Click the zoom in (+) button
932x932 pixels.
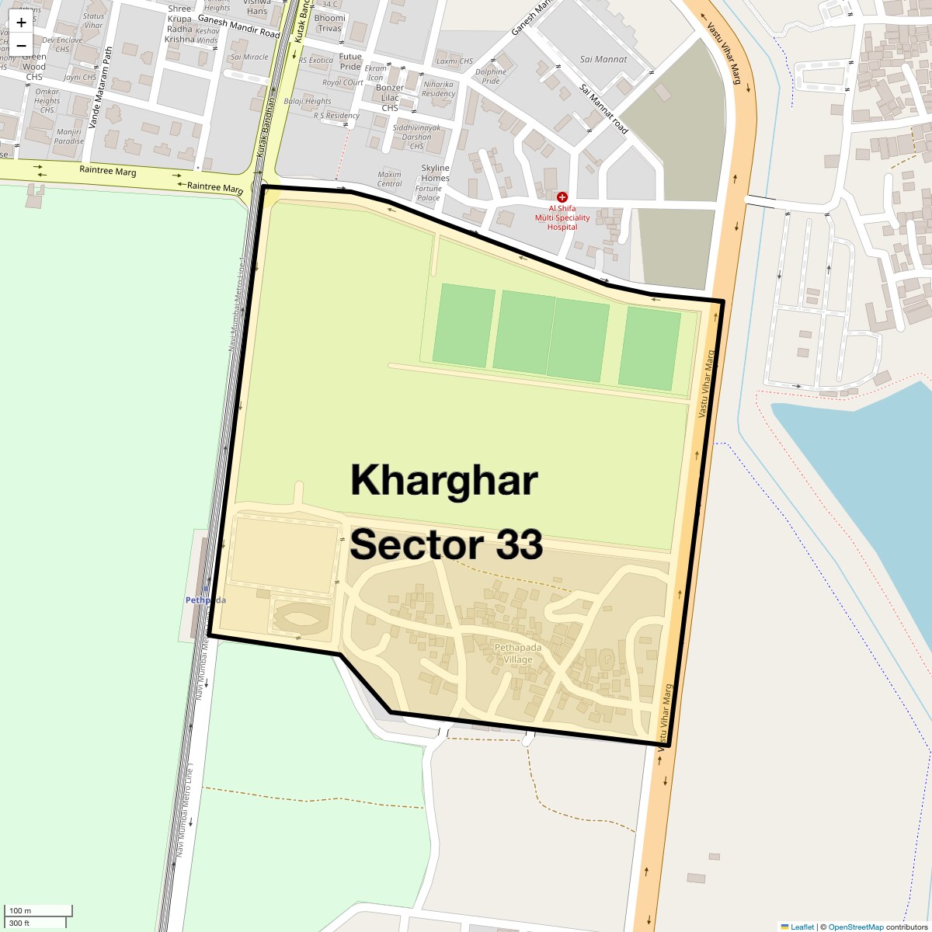point(21,23)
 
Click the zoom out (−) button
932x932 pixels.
point(21,45)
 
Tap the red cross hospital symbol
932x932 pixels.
point(562,197)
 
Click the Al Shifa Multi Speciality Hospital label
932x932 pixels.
point(562,217)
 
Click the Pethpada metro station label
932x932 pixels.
point(205,600)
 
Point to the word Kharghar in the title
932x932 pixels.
point(443,480)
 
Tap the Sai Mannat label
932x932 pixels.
point(603,59)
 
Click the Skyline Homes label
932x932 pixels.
point(435,173)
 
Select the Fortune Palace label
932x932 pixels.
point(428,193)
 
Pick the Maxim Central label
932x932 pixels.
point(389,179)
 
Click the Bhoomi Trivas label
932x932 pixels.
point(329,23)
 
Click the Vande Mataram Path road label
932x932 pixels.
point(100,87)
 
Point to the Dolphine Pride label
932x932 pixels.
point(491,76)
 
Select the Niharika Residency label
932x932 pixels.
point(438,89)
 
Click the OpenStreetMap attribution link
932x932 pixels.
point(856,927)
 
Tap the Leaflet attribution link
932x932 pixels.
point(802,927)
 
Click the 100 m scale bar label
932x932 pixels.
point(20,910)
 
